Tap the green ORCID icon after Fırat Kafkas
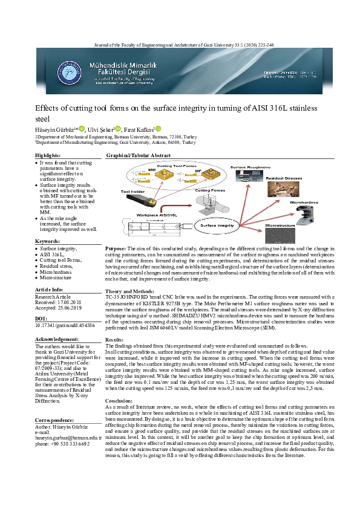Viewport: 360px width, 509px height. [x=159, y=129]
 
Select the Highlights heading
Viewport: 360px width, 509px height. [x=48, y=156]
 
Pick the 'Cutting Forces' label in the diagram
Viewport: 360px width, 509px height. [x=209, y=190]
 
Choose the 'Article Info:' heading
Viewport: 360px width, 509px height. [x=51, y=290]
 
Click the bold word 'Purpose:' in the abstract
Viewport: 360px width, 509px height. [x=116, y=248]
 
